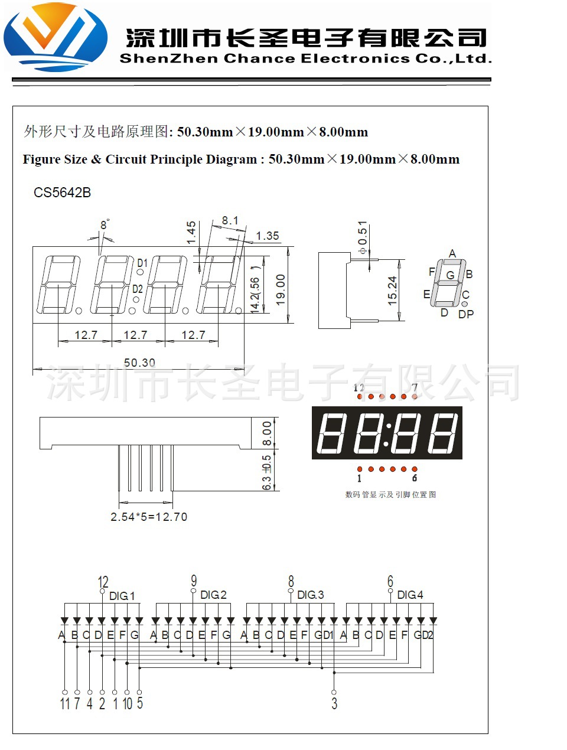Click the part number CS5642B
click(x=62, y=193)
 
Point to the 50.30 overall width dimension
click(x=139, y=363)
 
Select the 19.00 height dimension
click(x=281, y=289)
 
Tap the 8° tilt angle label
click(x=105, y=225)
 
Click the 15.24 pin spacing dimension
click(x=393, y=291)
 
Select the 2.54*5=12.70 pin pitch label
click(x=149, y=517)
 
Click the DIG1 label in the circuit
click(x=122, y=596)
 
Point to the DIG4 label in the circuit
click(x=410, y=595)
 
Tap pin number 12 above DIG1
click(x=103, y=582)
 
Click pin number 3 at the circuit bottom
click(x=334, y=703)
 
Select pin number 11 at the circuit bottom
click(x=65, y=703)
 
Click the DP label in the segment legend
click(x=466, y=314)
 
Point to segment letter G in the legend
click(x=450, y=275)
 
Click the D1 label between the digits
click(x=142, y=263)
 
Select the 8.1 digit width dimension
click(x=230, y=221)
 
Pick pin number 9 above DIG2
click(x=194, y=582)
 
